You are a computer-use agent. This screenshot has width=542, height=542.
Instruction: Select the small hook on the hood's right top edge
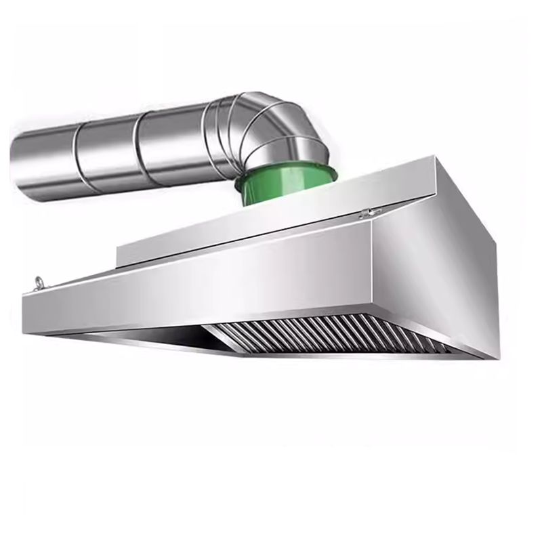(x=369, y=213)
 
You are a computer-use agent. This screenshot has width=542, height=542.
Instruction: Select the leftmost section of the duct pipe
(x=44, y=163)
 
